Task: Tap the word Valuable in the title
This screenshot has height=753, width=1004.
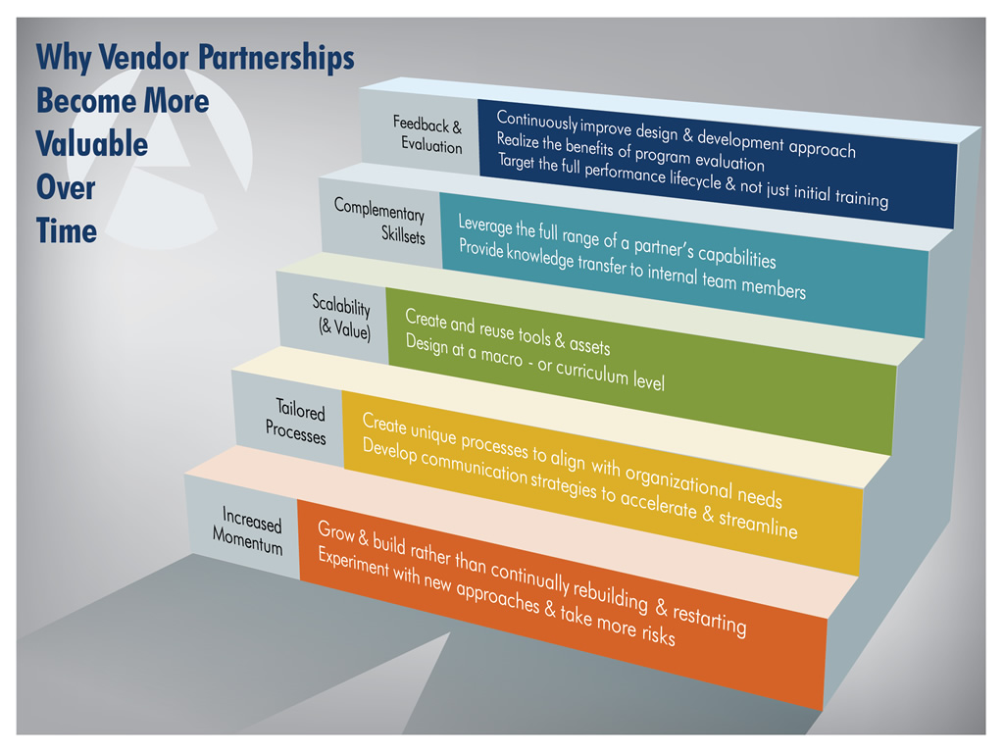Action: (91, 143)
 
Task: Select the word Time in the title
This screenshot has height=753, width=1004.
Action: (67, 230)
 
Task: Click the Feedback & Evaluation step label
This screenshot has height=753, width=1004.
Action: (427, 134)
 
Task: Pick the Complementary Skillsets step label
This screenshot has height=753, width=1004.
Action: (379, 221)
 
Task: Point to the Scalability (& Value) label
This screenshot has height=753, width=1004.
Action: (342, 317)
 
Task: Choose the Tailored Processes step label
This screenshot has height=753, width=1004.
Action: (296, 421)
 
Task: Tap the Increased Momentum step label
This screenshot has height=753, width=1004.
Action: (248, 529)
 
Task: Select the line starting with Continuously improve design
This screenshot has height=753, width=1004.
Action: (677, 133)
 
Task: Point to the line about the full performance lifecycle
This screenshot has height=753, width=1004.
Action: (693, 180)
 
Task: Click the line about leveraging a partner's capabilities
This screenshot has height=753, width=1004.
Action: (618, 241)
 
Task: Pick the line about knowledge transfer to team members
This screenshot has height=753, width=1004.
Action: (632, 269)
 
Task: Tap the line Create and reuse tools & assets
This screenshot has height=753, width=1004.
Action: (508, 331)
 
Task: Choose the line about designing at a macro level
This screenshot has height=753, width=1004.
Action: (535, 363)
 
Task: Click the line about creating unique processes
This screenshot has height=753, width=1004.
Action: (573, 460)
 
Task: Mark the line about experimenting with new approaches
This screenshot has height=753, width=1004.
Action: (497, 597)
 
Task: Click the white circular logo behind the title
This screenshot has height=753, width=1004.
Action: (160, 157)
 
